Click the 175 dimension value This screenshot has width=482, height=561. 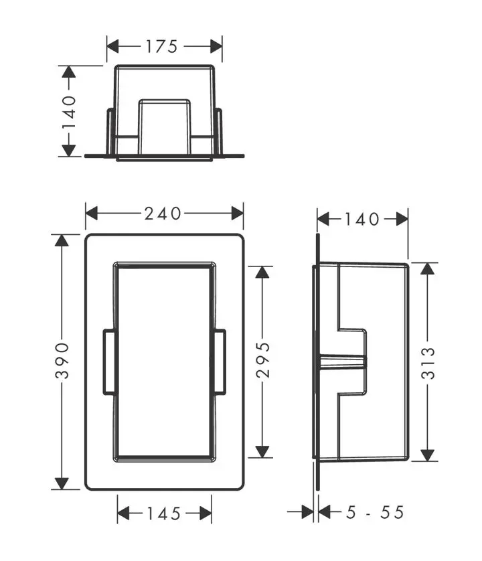163,46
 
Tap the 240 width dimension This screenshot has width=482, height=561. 163,214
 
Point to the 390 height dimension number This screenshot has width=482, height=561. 62,362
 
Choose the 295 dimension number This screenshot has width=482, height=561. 263,361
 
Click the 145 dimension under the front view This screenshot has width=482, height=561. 163,513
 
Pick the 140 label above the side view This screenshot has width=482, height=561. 362,219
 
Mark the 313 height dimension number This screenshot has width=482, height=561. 428,362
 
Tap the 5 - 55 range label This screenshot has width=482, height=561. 375,513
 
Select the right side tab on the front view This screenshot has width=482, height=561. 219,362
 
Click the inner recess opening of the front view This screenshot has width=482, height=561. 164,362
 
